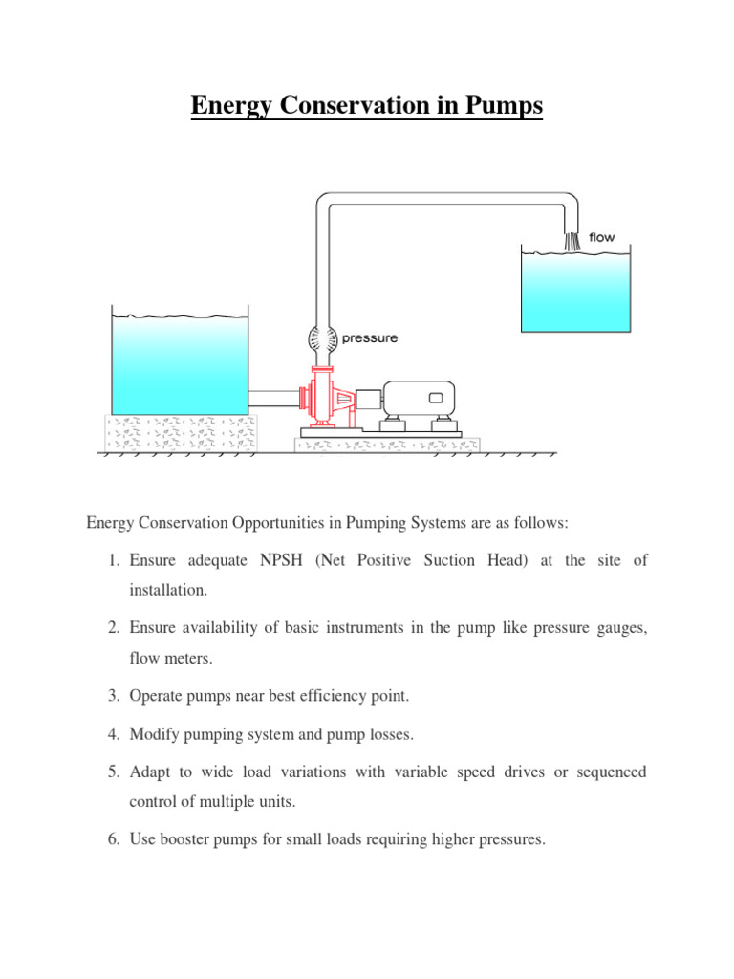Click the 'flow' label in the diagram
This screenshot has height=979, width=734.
coord(602,237)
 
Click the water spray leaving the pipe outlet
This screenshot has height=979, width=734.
coord(572,240)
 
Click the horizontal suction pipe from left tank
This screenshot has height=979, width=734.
coord(273,396)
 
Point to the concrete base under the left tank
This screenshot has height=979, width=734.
coord(180,431)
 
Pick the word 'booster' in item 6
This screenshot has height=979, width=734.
coord(193,839)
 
